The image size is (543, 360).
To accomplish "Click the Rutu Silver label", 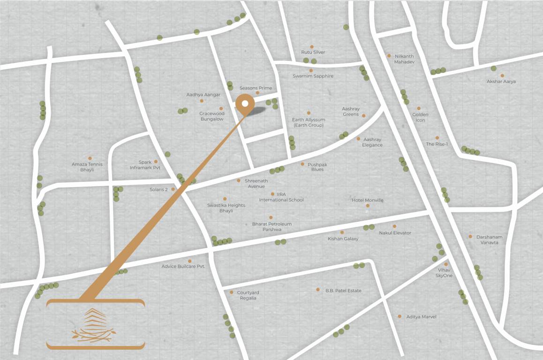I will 313,52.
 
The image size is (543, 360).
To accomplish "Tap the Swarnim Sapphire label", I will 313,76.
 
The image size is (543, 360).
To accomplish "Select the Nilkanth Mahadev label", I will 404,59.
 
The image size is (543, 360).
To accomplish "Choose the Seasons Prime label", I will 256,88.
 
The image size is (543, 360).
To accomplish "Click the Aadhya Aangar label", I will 203,95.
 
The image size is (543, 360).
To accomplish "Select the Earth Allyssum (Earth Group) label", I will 308,122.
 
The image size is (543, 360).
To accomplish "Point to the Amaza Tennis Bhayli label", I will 87,167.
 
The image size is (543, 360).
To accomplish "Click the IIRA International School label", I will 281,197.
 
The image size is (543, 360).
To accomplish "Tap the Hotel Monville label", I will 367,200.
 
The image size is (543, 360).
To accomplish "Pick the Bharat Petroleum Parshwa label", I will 271,227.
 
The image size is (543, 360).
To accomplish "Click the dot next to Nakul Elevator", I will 394,226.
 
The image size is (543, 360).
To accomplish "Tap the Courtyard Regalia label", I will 248,295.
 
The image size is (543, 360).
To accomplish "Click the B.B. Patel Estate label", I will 343,291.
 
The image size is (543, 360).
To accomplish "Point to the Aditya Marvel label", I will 421,317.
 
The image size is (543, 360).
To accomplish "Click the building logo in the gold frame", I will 95,324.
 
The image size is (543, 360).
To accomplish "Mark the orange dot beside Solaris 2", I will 173,189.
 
